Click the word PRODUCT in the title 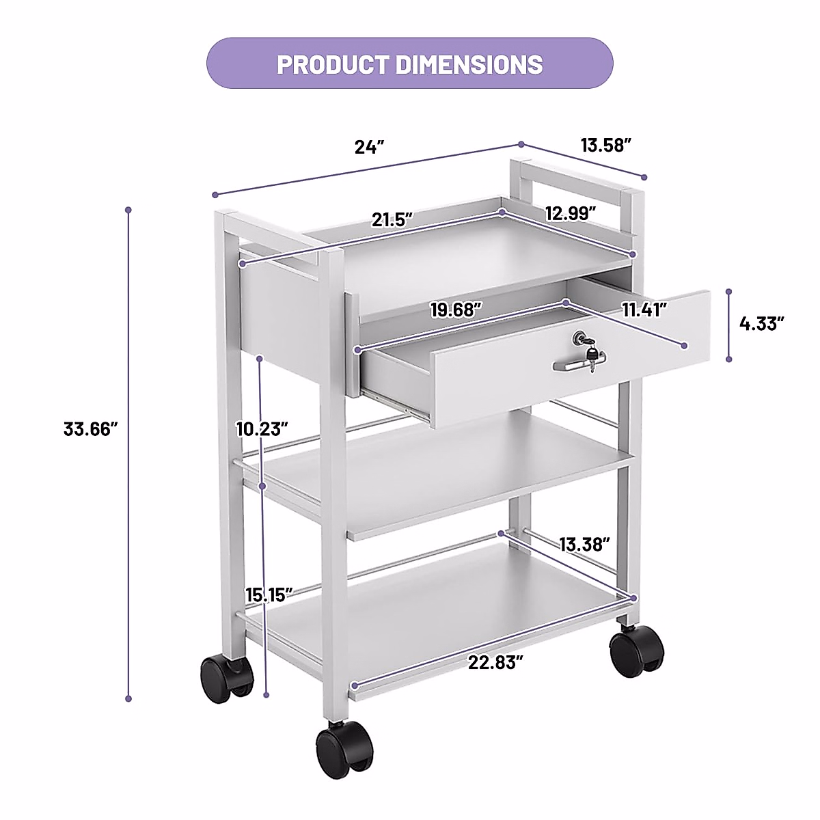(x=333, y=64)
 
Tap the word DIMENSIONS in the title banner (x=469, y=64)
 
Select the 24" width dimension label (x=370, y=147)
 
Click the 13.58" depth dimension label (x=605, y=145)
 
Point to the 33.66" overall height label (x=92, y=429)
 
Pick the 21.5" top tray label (x=393, y=220)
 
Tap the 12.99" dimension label (x=571, y=213)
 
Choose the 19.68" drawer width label (x=456, y=310)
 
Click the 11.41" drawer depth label (x=644, y=310)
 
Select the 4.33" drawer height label (x=761, y=323)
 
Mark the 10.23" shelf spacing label (x=262, y=429)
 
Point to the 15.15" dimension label (x=269, y=594)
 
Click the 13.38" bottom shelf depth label (x=584, y=545)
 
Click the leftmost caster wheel (x=225, y=676)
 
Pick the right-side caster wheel (x=636, y=653)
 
